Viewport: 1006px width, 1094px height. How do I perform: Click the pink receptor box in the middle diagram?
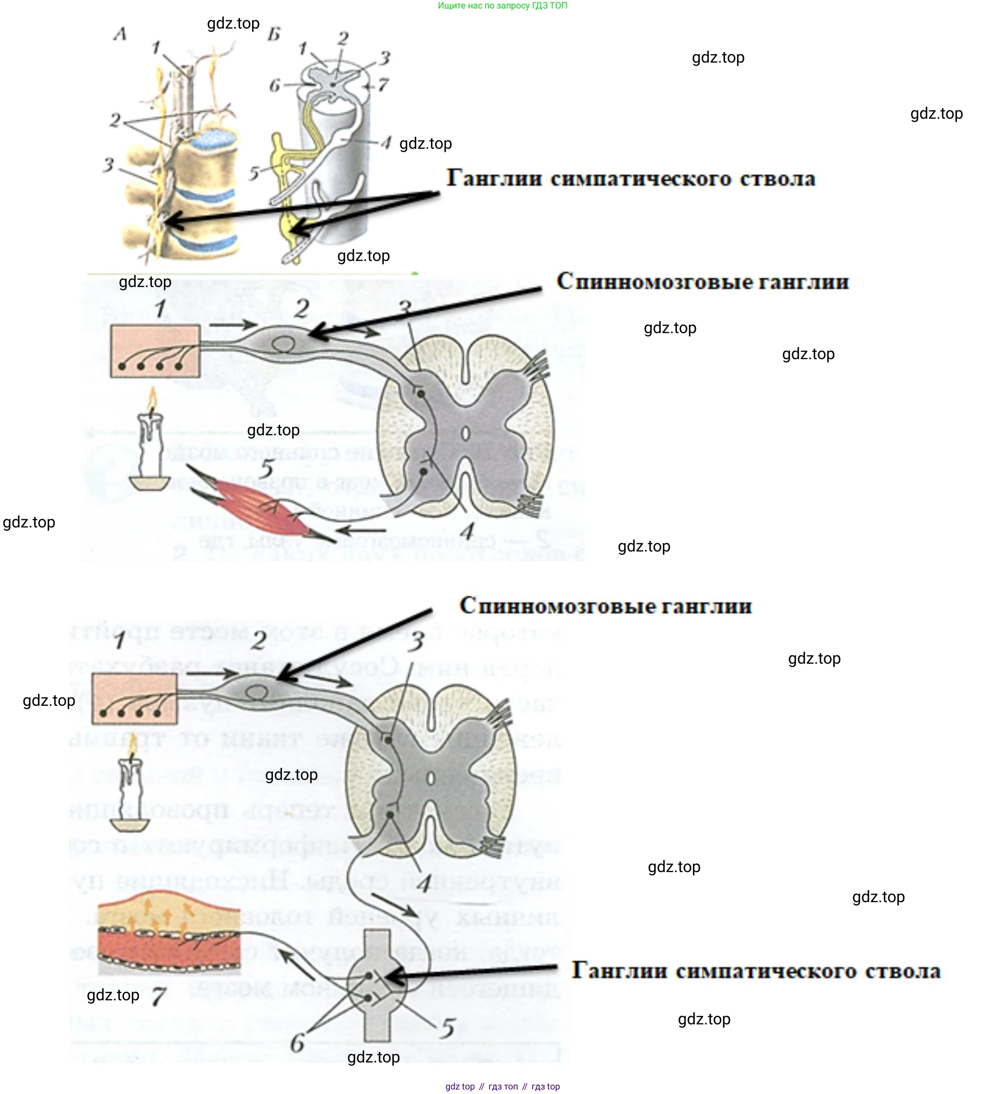pyautogui.click(x=155, y=351)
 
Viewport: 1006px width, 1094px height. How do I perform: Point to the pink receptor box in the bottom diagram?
pyautogui.click(x=134, y=698)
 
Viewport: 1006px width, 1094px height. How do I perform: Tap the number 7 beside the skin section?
pyautogui.click(x=158, y=996)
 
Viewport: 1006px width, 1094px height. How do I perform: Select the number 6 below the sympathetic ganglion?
pyautogui.click(x=297, y=1043)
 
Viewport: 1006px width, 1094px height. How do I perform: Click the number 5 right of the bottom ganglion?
pyautogui.click(x=448, y=1027)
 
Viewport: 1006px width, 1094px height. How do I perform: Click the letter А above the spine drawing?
pyautogui.click(x=120, y=34)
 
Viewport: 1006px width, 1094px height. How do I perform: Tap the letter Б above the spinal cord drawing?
pyautogui.click(x=274, y=35)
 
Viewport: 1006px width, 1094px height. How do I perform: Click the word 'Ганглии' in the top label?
pyautogui.click(x=494, y=178)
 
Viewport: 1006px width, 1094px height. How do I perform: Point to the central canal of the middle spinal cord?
pyautogui.click(x=465, y=434)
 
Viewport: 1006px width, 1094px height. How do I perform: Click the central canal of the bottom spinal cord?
pyautogui.click(x=430, y=778)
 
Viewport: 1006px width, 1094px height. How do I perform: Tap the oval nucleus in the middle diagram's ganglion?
pyautogui.click(x=284, y=344)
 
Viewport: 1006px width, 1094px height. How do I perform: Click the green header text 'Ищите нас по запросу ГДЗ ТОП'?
pyautogui.click(x=502, y=6)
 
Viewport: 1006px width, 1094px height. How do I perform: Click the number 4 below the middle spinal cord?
pyautogui.click(x=467, y=530)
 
